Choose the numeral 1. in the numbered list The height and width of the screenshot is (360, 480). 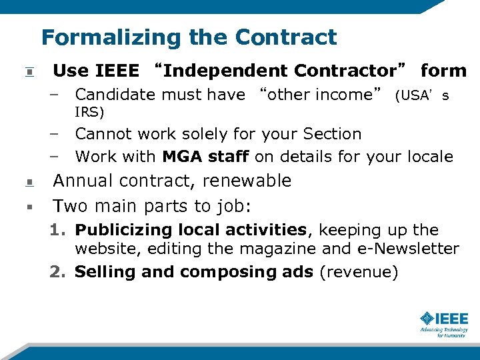coord(58,231)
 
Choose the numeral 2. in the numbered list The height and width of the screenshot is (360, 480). coord(58,273)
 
